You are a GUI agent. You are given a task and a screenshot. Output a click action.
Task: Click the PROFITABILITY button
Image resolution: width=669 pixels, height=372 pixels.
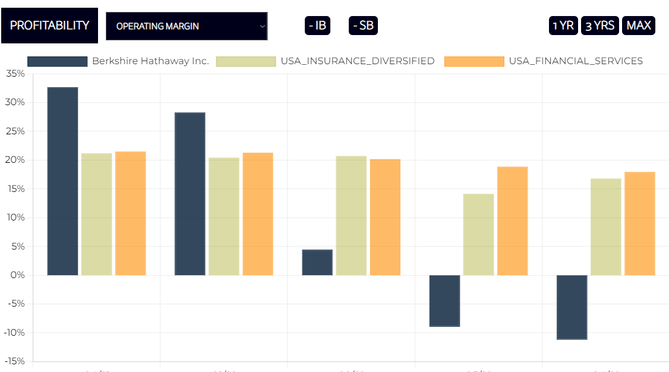(49, 26)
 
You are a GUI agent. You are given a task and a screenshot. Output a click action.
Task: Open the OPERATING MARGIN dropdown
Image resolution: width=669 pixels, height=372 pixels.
(187, 26)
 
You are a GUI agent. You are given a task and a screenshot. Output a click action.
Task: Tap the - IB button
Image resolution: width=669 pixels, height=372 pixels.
(317, 26)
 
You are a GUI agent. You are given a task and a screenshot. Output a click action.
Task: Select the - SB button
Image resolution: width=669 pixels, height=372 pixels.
(362, 26)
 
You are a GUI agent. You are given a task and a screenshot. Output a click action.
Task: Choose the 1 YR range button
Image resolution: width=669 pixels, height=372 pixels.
(563, 26)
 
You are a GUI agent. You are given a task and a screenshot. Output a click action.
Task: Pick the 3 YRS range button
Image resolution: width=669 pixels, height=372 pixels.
(599, 26)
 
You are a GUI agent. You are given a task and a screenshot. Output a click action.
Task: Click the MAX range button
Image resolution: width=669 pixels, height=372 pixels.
(639, 26)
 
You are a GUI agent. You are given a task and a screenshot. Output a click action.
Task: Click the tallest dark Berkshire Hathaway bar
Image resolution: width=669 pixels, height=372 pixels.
(62, 181)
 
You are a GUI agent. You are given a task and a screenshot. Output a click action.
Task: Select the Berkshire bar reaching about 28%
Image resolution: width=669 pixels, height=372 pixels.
(190, 194)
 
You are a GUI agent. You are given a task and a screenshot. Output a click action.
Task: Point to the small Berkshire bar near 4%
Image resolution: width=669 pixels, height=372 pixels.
(317, 263)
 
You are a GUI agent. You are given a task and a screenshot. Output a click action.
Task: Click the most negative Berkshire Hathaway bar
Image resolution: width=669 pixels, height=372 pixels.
(572, 307)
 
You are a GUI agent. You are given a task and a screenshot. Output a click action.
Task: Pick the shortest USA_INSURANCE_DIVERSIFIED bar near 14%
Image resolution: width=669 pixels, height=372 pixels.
(478, 235)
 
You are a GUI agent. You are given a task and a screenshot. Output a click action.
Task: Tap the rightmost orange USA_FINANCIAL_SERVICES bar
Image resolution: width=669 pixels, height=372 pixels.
(639, 223)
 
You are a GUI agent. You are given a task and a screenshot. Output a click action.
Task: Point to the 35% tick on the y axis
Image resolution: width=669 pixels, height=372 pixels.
(15, 74)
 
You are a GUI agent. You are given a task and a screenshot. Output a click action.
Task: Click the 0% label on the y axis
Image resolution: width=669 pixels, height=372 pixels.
(17, 275)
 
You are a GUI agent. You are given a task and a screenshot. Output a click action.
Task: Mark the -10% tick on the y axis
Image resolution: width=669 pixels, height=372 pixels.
(14, 333)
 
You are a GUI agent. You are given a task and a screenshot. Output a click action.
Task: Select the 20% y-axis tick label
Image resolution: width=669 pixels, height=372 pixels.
(15, 160)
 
